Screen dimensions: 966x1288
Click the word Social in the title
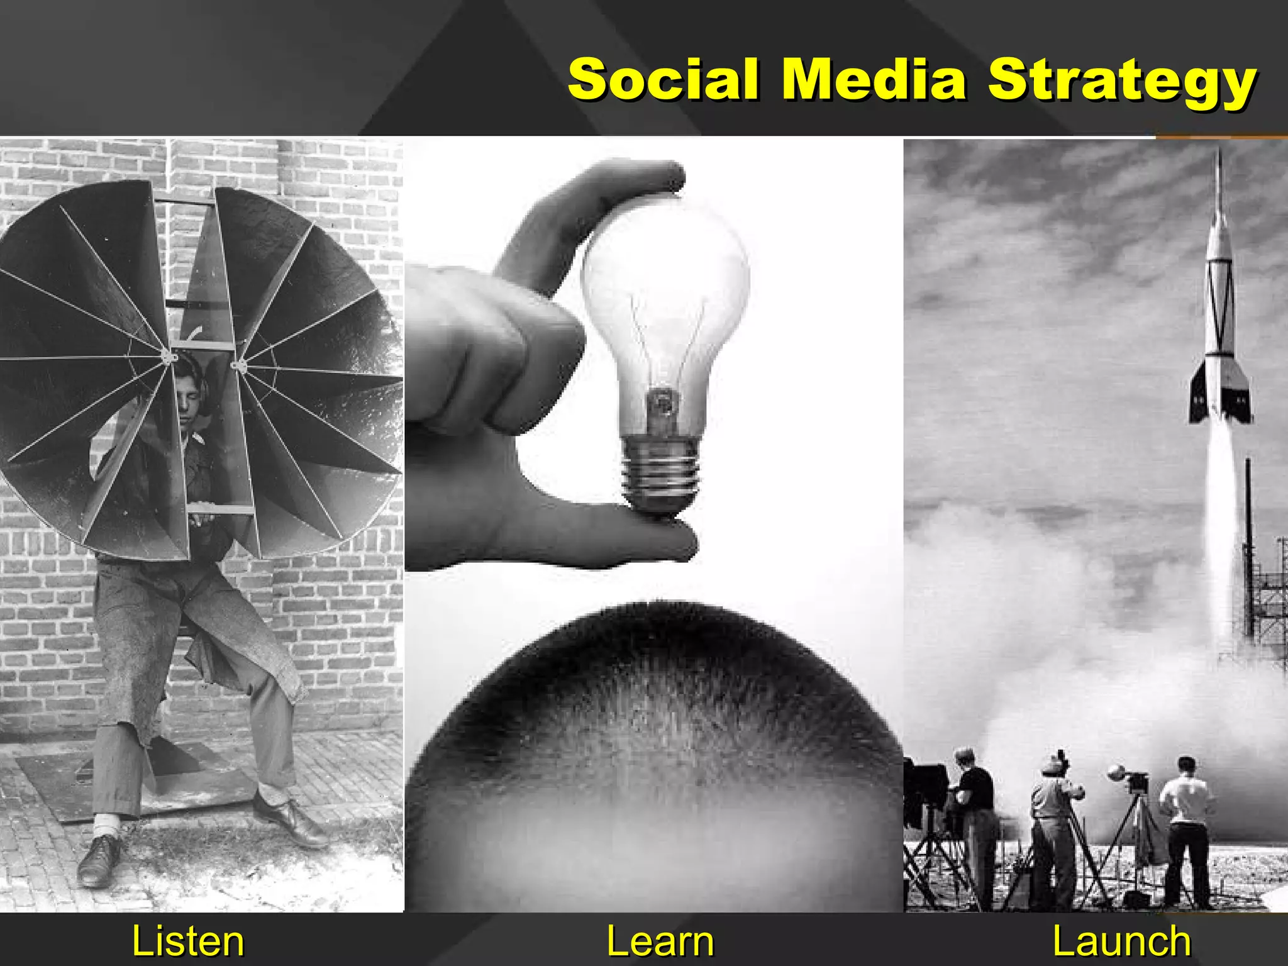(663, 80)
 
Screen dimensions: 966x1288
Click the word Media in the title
(874, 80)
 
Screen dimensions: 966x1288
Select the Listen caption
(187, 941)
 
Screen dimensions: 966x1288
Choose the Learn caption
(660, 941)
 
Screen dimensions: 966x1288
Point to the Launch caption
(1121, 941)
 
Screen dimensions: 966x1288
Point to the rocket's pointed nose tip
(1219, 157)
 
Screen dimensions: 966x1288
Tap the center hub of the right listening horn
(238, 365)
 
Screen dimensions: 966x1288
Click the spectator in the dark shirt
(975, 811)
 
